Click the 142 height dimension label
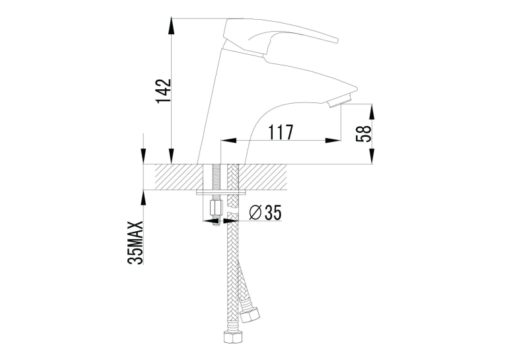(163, 91)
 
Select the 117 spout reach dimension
(281, 132)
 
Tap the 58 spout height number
(364, 133)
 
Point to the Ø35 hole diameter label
(265, 213)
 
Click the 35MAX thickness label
(135, 242)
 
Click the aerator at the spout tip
(339, 100)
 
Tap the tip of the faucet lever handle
(337, 40)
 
